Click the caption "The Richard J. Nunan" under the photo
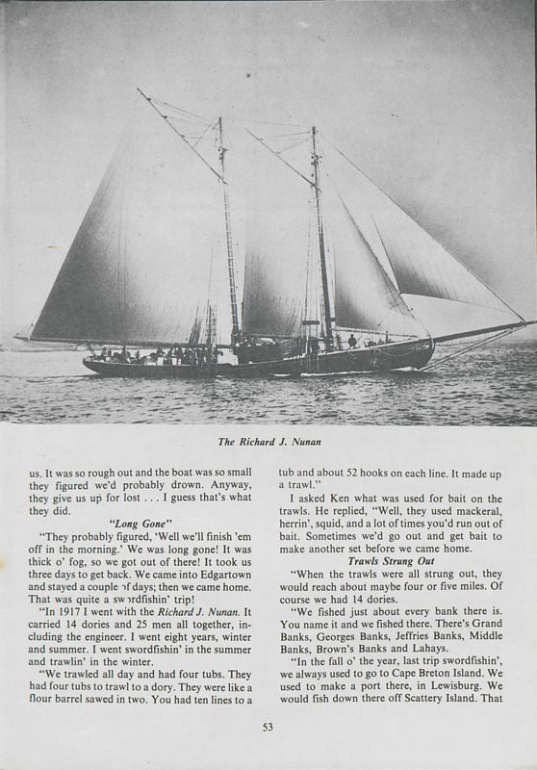coord(268,444)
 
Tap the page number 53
coord(268,727)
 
